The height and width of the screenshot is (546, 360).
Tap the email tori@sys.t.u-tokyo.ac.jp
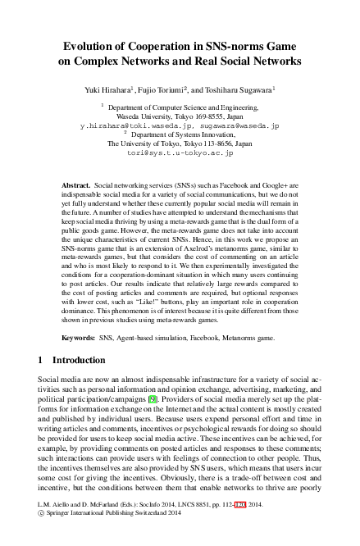click(180, 152)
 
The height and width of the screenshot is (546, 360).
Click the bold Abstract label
click(75, 187)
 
